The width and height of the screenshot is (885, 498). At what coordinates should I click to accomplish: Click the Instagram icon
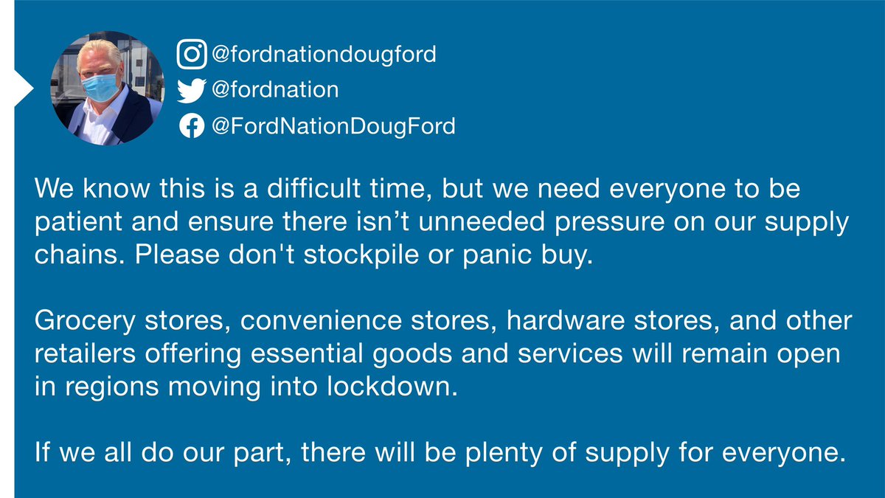click(x=192, y=54)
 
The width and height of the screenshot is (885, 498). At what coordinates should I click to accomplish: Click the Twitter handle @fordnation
click(x=274, y=90)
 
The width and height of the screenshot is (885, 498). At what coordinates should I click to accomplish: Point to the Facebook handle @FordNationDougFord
click(x=333, y=127)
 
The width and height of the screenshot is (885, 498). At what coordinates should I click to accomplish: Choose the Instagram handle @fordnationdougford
click(x=323, y=54)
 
